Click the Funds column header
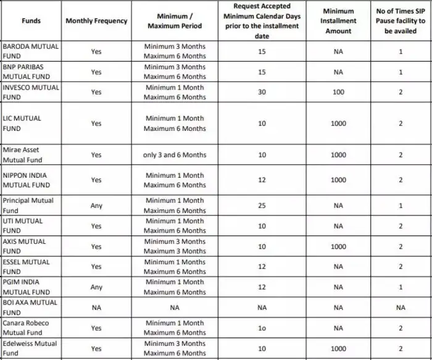pyautogui.click(x=31, y=21)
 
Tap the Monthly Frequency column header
pyautogui.click(x=96, y=21)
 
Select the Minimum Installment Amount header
pyautogui.click(x=338, y=21)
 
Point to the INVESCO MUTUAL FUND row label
pyautogui.click(x=31, y=92)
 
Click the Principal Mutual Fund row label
pyautogui.click(x=28, y=205)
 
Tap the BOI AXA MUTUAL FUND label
pyautogui.click(x=30, y=307)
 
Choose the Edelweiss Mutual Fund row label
pyautogui.click(x=29, y=348)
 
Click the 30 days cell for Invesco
pyautogui.click(x=262, y=92)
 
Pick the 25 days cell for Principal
pyautogui.click(x=262, y=205)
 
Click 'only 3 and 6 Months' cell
pyautogui.click(x=175, y=155)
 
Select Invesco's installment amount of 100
pyautogui.click(x=338, y=92)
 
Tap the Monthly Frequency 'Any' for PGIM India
pyautogui.click(x=96, y=287)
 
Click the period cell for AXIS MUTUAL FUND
pyautogui.click(x=175, y=246)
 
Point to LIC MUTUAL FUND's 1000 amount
pyautogui.click(x=338, y=123)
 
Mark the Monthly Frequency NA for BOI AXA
pyautogui.click(x=96, y=307)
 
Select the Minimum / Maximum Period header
pyautogui.click(x=175, y=21)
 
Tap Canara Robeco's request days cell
pyautogui.click(x=262, y=328)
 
